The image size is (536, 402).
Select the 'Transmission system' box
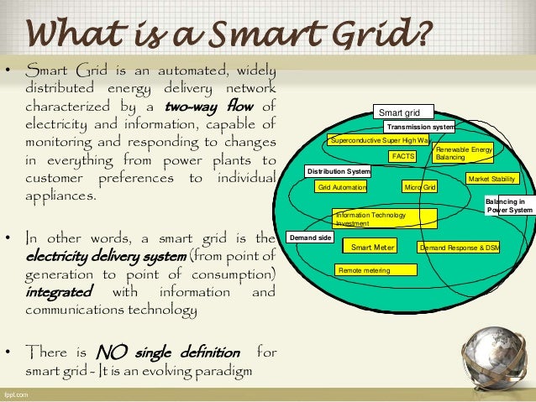[419, 127]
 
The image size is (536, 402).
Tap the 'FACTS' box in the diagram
[402, 156]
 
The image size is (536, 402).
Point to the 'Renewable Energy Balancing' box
[463, 153]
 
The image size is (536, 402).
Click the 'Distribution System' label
[338, 171]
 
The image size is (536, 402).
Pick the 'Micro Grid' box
[419, 187]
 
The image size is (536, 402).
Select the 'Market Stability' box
[492, 179]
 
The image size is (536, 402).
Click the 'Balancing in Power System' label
[509, 206]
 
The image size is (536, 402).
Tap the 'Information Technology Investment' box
[385, 219]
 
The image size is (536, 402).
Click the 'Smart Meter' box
[373, 247]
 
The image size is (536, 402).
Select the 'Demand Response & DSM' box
[459, 248]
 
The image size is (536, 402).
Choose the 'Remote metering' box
[376, 269]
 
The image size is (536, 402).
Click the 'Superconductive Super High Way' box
[378, 140]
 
